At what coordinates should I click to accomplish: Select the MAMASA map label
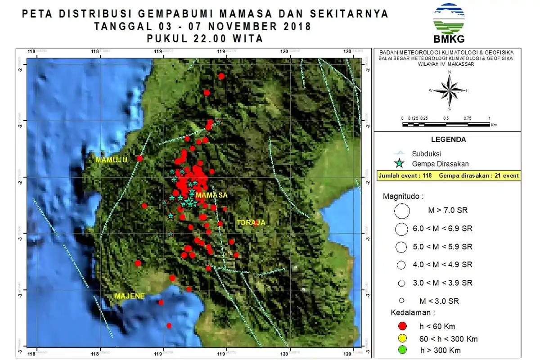point(211,195)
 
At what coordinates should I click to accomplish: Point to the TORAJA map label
point(251,222)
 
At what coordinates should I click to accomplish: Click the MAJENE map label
point(130,296)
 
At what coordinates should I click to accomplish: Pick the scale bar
point(445,122)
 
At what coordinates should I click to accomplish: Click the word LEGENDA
point(448,139)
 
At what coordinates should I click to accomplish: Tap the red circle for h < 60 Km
point(402,326)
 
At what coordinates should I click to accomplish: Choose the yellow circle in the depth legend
point(402,338)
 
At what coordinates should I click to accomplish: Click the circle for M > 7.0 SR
point(401,210)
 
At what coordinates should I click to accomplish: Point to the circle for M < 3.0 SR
point(402,301)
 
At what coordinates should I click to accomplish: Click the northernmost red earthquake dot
point(221,76)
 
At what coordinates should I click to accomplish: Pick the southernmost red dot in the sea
point(169,325)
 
